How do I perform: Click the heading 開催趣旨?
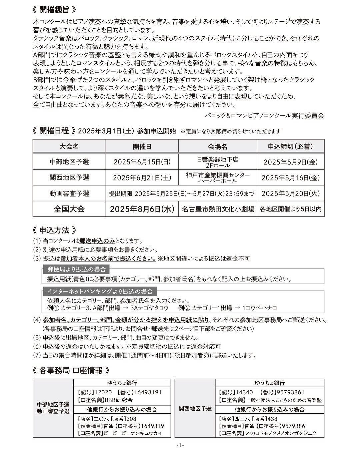coord(55,9)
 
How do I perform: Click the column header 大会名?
coord(69,146)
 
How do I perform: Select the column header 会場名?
coord(218,146)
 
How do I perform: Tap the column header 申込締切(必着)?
coord(290,146)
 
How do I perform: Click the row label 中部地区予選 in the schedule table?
coord(69,162)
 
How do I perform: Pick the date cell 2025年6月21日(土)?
coord(142,178)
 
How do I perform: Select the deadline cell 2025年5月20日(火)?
coord(290,193)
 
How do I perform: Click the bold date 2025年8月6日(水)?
coord(142,209)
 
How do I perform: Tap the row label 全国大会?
coord(69,209)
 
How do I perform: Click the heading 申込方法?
coord(54,230)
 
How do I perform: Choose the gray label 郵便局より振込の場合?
coord(76,269)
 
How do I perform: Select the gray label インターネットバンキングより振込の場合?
coord(100,291)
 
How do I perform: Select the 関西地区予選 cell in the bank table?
coord(195,408)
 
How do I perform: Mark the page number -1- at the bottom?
coord(180,445)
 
